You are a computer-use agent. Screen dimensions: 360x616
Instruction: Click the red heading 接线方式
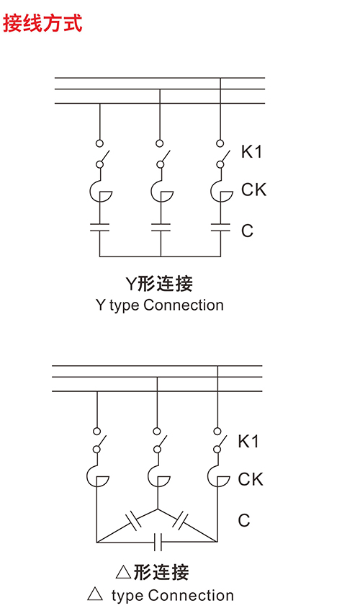pyautogui.click(x=42, y=23)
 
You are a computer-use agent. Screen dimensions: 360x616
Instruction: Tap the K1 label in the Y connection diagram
pyautogui.click(x=252, y=151)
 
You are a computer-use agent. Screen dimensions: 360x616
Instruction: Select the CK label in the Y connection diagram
pyautogui.click(x=253, y=189)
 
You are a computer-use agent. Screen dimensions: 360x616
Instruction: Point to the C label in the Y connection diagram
pyautogui.click(x=248, y=231)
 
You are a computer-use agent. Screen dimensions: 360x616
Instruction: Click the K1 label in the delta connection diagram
pyautogui.click(x=248, y=441)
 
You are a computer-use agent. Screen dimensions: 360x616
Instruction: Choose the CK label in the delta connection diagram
pyautogui.click(x=251, y=479)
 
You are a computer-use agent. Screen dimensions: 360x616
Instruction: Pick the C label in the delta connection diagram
pyautogui.click(x=244, y=520)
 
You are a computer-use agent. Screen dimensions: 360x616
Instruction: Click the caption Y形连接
pyautogui.click(x=159, y=284)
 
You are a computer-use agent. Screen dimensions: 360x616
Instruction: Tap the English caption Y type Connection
pyautogui.click(x=159, y=305)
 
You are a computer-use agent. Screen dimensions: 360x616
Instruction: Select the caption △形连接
pyautogui.click(x=153, y=572)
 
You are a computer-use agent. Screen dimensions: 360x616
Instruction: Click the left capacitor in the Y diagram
pyautogui.click(x=99, y=228)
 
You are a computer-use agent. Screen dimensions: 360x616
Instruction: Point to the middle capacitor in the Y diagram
pyautogui.click(x=161, y=228)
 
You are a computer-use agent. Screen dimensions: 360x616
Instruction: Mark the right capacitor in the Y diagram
pyautogui.click(x=220, y=228)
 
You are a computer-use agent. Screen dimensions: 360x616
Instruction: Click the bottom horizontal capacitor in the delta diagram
pyautogui.click(x=158, y=542)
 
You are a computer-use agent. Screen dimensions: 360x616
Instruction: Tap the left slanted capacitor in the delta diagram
pyautogui.click(x=133, y=522)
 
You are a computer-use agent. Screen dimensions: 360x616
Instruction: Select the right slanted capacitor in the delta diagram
pyautogui.click(x=180, y=521)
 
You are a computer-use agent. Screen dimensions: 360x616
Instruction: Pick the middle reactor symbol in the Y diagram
pyautogui.click(x=161, y=190)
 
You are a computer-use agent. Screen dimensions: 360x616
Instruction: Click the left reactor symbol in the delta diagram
pyautogui.click(x=96, y=476)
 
